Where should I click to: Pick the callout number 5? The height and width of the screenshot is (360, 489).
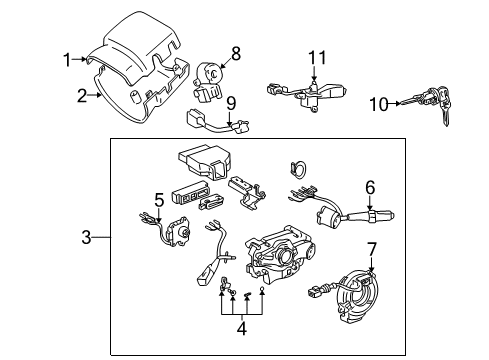coord(158,199)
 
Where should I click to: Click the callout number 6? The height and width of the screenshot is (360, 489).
coord(370,187)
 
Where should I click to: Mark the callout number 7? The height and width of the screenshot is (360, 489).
coord(371,247)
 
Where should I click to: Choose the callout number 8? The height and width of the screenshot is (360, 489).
coord(236,51)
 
